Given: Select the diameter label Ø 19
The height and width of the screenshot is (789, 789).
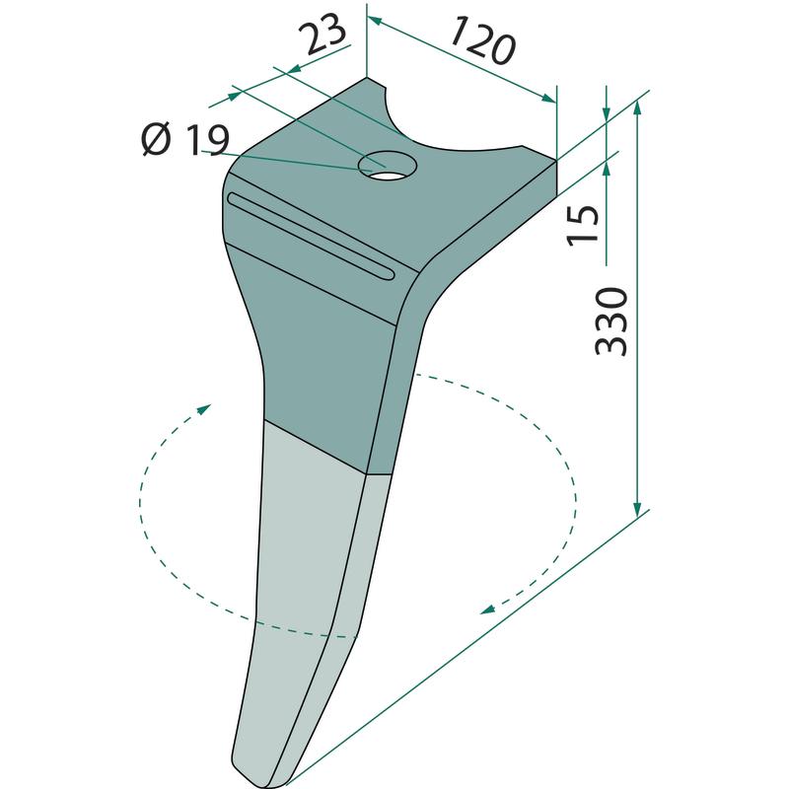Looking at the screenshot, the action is tap(185, 139).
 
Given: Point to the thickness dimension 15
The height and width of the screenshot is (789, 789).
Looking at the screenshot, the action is tap(583, 226).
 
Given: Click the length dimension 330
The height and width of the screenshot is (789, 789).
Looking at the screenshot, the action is tap(611, 322).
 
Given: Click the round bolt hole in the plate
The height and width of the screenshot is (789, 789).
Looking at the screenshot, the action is tap(388, 165).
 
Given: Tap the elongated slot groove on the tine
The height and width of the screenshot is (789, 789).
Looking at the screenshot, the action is tap(312, 235).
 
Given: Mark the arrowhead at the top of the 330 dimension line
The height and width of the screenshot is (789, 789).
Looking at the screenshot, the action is tap(637, 107).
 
